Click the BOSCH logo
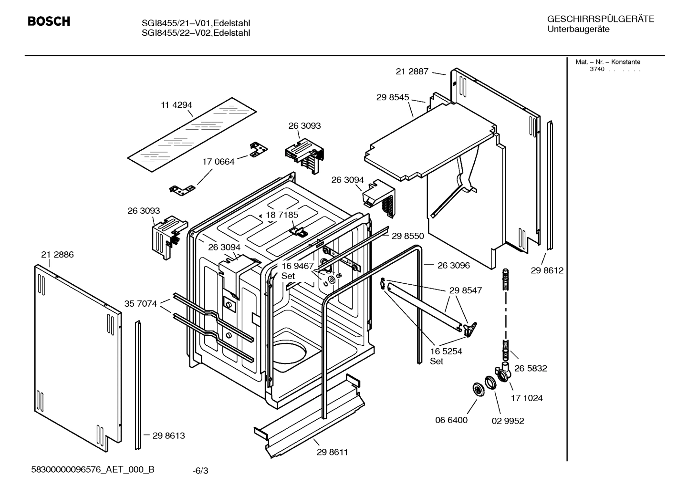tap(49, 21)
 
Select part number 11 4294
tap(176, 105)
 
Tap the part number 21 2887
tap(412, 72)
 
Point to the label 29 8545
tap(392, 97)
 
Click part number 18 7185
tap(282, 215)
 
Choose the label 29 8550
tap(408, 236)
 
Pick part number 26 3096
tap(453, 265)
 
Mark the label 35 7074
tap(140, 303)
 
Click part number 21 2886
tap(57, 255)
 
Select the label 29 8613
tap(168, 435)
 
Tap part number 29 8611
tap(332, 452)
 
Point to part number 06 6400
tap(451, 420)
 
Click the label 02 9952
tap(508, 421)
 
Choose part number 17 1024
tap(527, 398)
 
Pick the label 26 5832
tap(531, 368)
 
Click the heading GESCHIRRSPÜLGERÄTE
tap(600, 20)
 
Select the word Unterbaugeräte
tap(578, 30)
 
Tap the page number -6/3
tap(200, 471)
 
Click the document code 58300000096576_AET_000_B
tap(93, 469)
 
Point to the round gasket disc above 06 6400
tap(477, 389)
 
